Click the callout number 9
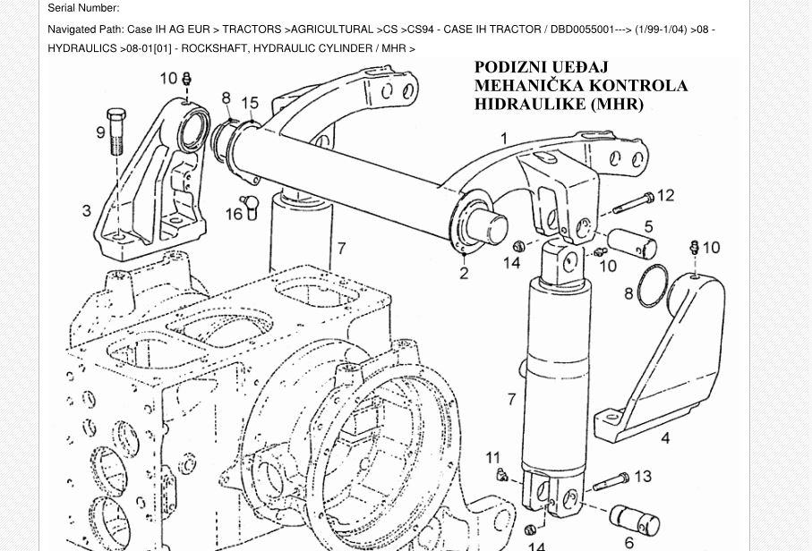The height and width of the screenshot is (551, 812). click(101, 133)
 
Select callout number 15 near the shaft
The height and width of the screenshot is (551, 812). click(250, 104)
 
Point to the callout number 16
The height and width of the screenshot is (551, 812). click(234, 215)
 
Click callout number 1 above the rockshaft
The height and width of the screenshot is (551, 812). click(504, 139)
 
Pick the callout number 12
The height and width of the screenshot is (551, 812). click(665, 195)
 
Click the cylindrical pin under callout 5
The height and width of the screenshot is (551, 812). click(631, 242)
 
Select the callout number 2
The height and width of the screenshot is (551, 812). click(464, 273)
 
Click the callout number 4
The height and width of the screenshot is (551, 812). click(665, 438)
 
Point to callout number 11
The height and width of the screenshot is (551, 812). click(493, 458)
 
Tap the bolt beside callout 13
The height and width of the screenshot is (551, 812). click(611, 482)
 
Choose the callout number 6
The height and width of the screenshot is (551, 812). click(629, 542)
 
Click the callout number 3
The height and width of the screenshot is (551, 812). click(87, 211)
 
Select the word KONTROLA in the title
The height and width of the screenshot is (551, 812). click(638, 86)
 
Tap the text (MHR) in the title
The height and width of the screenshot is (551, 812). click(617, 104)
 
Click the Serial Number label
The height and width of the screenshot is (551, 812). click(83, 8)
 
